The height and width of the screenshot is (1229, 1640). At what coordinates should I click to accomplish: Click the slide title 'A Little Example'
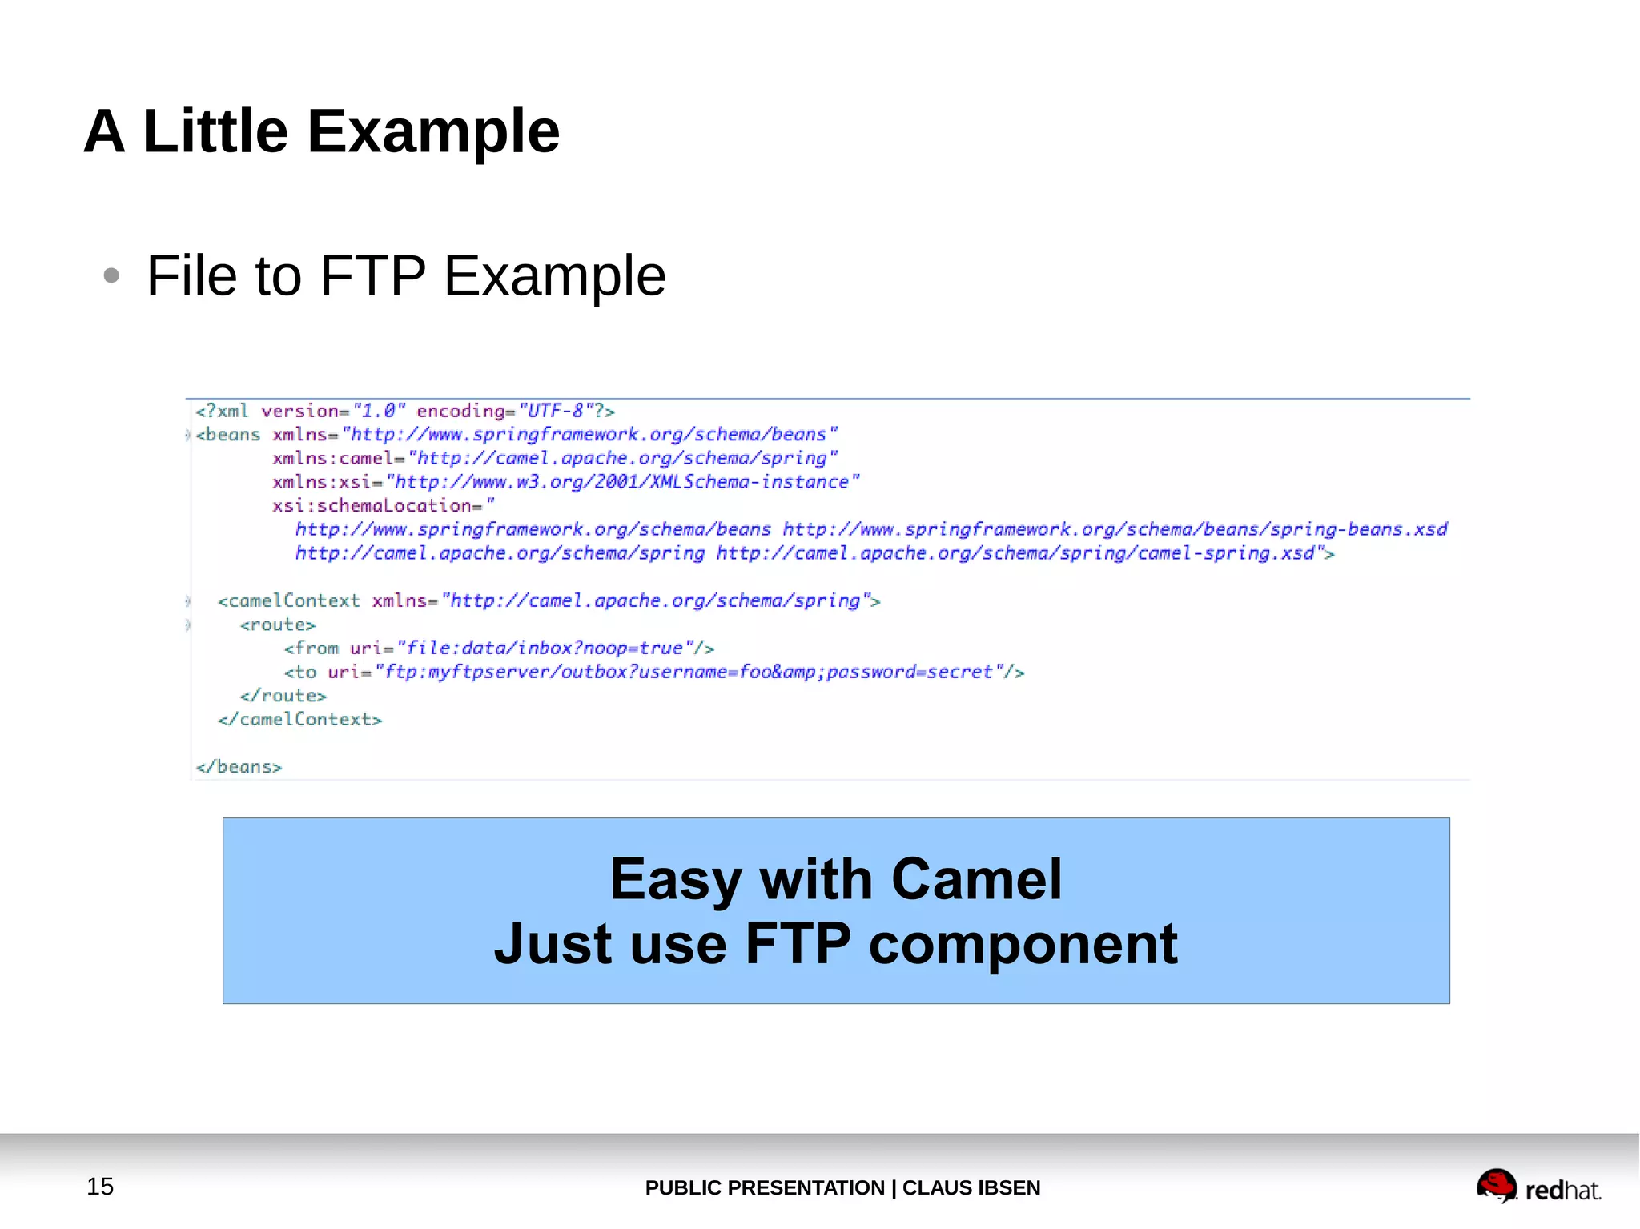click(x=322, y=131)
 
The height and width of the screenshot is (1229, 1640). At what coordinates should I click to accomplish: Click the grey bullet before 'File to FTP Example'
click(x=111, y=276)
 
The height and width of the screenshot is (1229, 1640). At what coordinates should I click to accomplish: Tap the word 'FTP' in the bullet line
click(x=372, y=276)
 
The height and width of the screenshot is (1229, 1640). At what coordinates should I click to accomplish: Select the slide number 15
click(x=100, y=1186)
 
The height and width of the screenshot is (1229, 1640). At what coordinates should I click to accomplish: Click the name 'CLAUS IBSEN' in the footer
click(x=971, y=1187)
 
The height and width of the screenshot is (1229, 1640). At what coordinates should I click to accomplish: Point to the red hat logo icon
click(x=1496, y=1186)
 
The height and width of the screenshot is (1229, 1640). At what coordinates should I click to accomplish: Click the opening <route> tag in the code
click(x=278, y=625)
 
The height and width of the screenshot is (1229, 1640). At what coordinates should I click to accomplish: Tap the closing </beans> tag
click(x=239, y=767)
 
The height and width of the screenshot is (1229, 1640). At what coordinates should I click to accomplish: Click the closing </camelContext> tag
click(x=299, y=720)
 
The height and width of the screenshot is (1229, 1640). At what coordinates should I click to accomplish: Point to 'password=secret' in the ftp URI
click(x=910, y=672)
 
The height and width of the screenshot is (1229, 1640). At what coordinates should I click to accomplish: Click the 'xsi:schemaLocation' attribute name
click(x=372, y=506)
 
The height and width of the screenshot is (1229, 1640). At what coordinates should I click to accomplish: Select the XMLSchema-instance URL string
click(x=622, y=482)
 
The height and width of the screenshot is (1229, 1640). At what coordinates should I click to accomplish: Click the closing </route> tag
click(x=283, y=696)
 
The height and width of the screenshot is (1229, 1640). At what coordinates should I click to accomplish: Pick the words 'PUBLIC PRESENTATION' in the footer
click(x=764, y=1187)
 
